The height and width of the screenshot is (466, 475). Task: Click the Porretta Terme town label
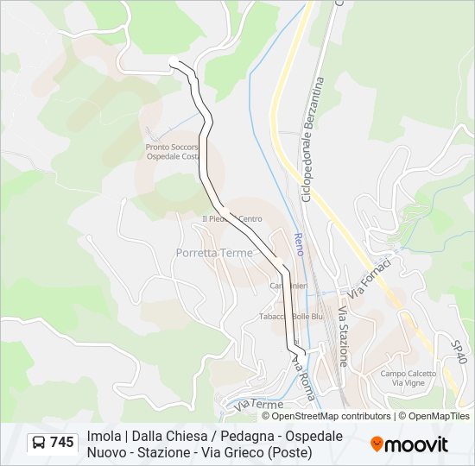[x=214, y=253]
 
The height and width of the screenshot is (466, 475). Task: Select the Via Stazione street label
[x=343, y=335]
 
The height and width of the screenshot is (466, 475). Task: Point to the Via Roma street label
[x=303, y=377]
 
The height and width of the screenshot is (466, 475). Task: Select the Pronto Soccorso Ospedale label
[x=172, y=152]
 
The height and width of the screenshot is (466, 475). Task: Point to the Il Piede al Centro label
[x=231, y=219]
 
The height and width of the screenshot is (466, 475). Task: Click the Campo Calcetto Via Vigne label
[x=404, y=377]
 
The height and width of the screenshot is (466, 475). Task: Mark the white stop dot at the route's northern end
[x=174, y=60]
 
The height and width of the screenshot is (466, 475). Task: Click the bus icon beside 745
[x=39, y=443]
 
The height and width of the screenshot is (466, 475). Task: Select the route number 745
[x=62, y=443]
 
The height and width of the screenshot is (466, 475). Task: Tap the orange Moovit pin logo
[x=377, y=444]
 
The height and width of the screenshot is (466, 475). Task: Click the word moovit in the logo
[x=416, y=444]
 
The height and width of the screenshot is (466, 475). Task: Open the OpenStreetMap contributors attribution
[x=326, y=416]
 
